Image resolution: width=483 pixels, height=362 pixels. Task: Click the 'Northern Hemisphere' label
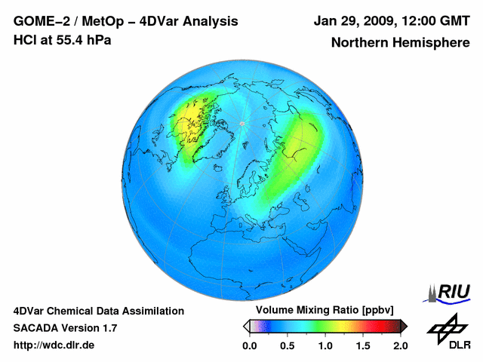400,43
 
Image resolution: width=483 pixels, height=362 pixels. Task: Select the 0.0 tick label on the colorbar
249,345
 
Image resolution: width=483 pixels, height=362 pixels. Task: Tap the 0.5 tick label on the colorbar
287,345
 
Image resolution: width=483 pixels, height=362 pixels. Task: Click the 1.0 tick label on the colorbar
325,345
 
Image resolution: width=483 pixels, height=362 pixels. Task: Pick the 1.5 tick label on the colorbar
362,345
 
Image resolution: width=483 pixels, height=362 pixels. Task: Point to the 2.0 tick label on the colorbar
400,345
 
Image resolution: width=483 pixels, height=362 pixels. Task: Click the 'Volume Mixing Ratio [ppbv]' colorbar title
324,311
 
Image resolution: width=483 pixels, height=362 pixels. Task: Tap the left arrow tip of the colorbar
245,326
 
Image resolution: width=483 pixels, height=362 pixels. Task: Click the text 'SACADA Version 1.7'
65,328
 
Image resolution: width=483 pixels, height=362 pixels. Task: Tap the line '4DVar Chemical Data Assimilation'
98,311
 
